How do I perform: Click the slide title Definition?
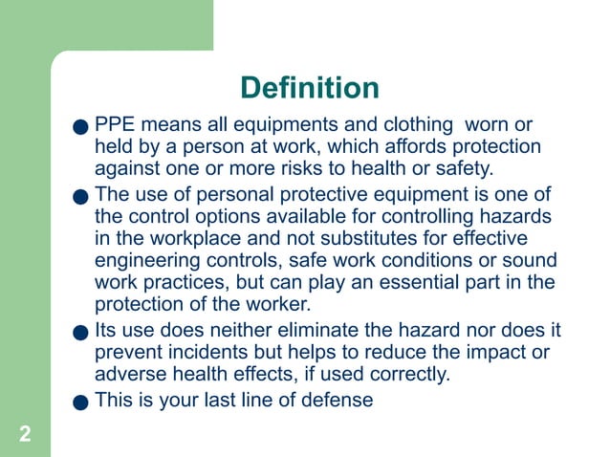(x=310, y=88)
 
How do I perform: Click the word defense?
(x=335, y=401)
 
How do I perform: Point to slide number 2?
(x=24, y=435)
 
